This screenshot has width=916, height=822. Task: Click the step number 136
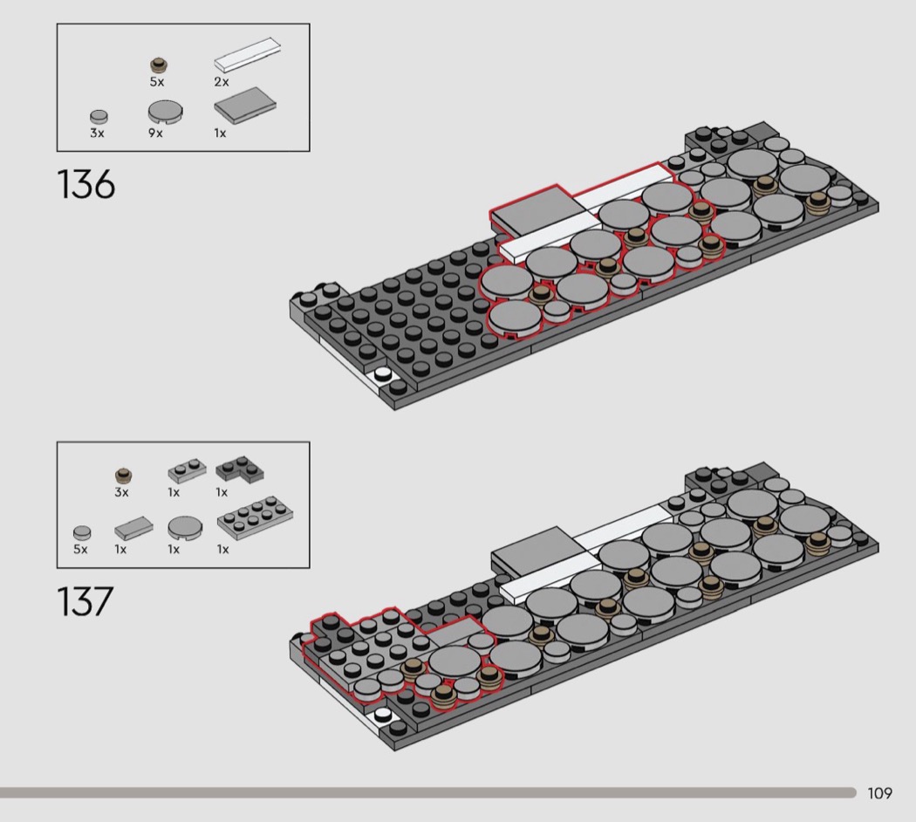tap(85, 185)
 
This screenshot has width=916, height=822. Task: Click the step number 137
tap(85, 601)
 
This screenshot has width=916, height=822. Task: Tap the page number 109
tap(879, 793)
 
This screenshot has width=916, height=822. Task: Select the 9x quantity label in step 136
tap(155, 134)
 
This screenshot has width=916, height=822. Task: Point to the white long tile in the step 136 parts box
tap(247, 55)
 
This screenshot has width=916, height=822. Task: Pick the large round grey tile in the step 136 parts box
tap(166, 112)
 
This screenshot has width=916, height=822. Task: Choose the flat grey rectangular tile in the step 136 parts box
tap(245, 106)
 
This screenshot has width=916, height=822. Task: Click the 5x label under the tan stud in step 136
tap(156, 82)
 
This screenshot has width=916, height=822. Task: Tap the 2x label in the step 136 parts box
tap(222, 82)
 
